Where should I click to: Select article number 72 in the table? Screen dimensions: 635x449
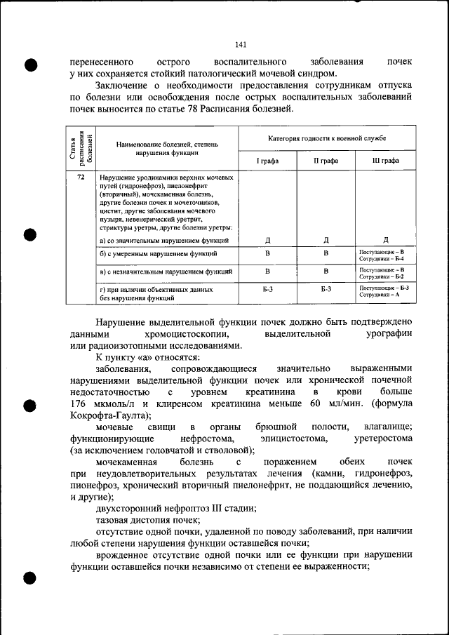tap(81, 178)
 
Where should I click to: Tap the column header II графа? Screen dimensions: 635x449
tap(326, 160)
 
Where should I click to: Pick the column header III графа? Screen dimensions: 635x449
tap(385, 160)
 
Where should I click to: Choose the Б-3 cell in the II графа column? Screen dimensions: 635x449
tap(326, 288)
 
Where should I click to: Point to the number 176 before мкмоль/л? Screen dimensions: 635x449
tap(82, 404)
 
